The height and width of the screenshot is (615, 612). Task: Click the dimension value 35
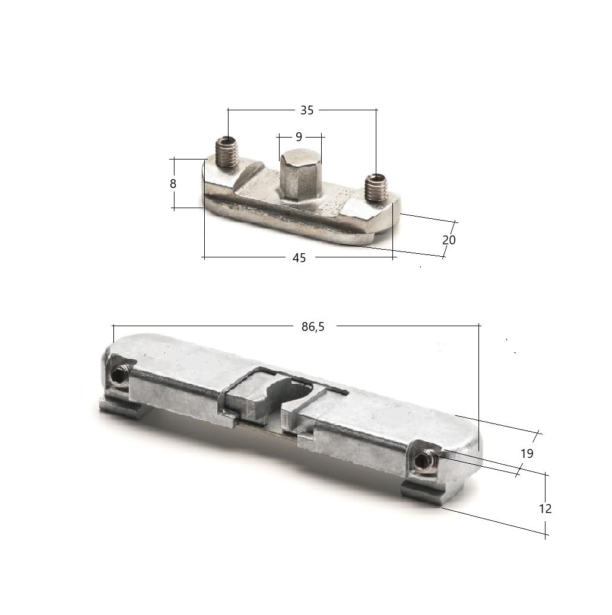[307, 110]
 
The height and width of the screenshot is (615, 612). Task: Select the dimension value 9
[299, 137]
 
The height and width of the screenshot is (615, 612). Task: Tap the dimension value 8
[173, 184]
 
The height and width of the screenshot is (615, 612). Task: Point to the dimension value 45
[299, 258]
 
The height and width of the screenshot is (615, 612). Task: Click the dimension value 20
[449, 240]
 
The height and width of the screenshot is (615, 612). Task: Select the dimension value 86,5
[313, 326]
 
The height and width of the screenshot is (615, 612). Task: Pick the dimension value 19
[527, 454]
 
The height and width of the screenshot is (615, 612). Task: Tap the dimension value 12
[545, 509]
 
